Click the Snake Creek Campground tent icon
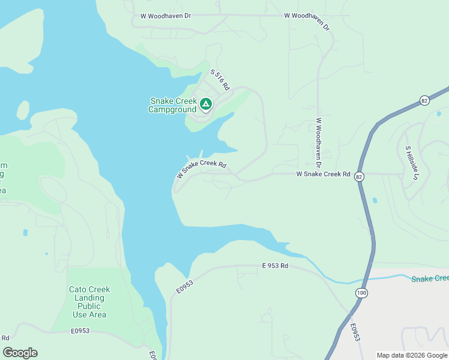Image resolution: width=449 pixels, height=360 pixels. (205, 104)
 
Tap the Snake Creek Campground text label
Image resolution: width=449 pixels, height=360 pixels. (172, 106)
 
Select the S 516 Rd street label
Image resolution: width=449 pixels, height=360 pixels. (220, 80)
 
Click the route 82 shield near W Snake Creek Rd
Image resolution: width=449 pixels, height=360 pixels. (359, 176)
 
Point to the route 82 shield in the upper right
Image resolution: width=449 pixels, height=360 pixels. (425, 100)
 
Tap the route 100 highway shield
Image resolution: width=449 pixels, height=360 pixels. (360, 292)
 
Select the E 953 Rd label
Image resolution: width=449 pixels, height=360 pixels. (275, 265)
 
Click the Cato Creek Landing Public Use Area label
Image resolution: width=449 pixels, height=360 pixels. (89, 302)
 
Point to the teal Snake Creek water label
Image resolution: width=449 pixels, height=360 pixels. (430, 278)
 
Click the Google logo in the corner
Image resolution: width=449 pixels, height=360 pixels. (20, 353)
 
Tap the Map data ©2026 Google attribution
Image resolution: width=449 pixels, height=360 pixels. (412, 355)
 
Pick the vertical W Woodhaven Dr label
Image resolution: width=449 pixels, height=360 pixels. (319, 142)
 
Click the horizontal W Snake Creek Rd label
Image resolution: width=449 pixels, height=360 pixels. (323, 174)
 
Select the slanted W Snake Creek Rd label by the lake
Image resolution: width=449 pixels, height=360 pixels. (201, 169)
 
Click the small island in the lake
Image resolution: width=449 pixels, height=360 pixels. (23, 110)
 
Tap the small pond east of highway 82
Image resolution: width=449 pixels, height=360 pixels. (375, 200)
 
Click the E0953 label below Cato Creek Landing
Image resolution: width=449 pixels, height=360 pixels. (80, 331)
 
